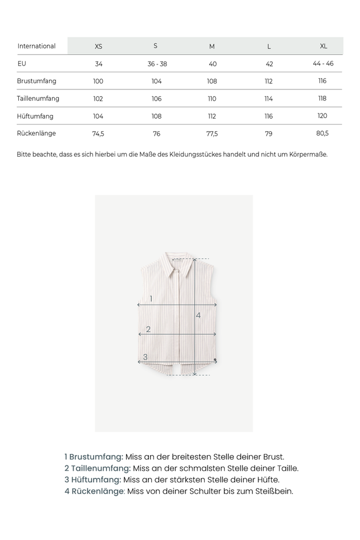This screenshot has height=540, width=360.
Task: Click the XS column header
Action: point(98,46)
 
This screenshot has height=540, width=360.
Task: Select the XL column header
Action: point(323,46)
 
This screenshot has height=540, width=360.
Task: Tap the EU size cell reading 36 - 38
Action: point(157,64)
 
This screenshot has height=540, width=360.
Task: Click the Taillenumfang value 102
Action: point(98,99)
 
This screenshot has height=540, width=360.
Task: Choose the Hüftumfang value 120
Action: point(322,116)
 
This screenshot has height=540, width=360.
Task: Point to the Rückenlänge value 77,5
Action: point(212,133)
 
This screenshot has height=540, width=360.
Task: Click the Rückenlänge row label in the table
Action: point(37,133)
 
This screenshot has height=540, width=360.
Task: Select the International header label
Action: point(37,46)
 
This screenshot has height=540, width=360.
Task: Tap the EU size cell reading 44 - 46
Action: point(323,63)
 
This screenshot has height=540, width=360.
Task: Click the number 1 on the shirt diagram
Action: point(151,299)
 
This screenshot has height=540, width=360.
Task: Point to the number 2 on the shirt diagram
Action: point(148,329)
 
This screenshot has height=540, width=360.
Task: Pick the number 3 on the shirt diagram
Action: point(145,357)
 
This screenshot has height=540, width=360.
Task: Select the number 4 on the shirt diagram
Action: point(199,315)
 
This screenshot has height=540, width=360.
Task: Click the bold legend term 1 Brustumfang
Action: point(94,457)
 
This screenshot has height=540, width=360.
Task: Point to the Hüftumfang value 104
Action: point(98,116)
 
